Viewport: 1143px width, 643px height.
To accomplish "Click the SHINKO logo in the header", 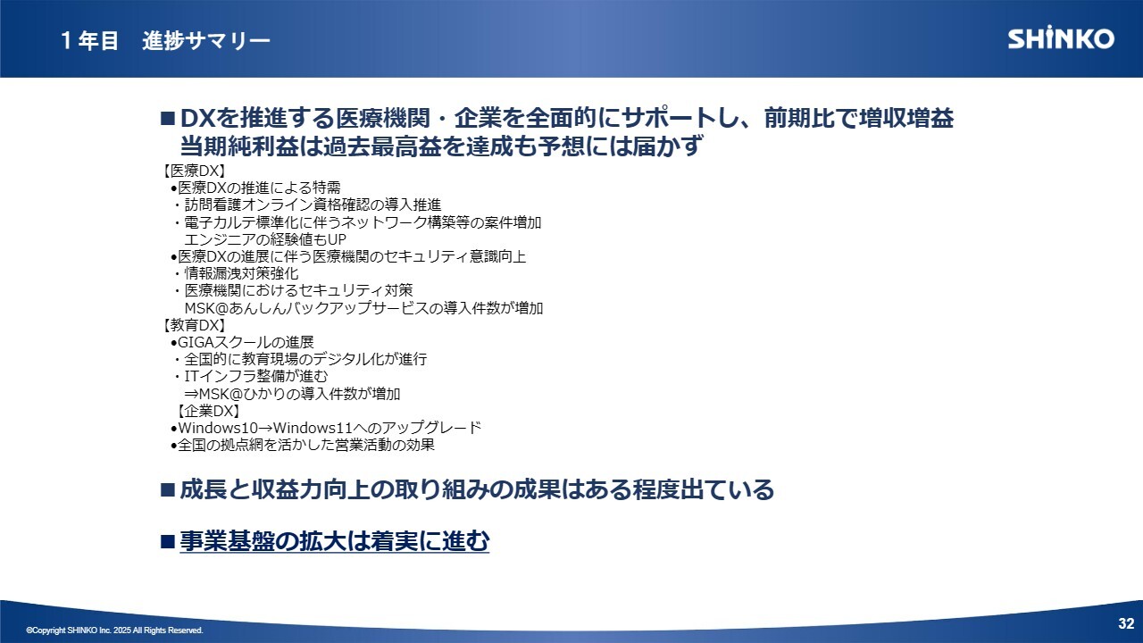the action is [1061, 38].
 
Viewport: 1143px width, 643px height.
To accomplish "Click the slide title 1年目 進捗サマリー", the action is [165, 40].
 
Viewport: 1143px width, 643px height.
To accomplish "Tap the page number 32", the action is [1126, 623].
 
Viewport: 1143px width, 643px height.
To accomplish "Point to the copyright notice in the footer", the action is [114, 630].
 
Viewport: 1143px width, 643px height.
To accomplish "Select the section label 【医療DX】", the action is [194, 171].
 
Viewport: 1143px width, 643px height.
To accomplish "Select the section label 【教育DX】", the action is [194, 325].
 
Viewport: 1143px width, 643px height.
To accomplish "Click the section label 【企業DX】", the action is [208, 411].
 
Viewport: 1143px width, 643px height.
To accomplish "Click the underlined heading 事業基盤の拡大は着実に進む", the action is [334, 541].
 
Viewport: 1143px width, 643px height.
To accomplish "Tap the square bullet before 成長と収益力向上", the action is [167, 490].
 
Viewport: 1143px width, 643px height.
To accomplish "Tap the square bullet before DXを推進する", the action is [167, 119].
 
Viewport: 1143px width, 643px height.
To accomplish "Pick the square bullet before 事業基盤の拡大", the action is [167, 541].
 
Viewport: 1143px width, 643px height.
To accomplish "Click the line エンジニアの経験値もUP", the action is [265, 239].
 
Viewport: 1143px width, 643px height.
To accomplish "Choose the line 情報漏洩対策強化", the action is [241, 273].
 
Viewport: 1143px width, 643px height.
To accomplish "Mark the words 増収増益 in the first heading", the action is [906, 119].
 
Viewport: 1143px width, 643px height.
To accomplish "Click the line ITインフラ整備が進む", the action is [256, 377].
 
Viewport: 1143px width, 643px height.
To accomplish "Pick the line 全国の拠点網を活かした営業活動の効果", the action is [306, 445].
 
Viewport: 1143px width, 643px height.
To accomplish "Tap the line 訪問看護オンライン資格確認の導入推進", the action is [313, 205].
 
